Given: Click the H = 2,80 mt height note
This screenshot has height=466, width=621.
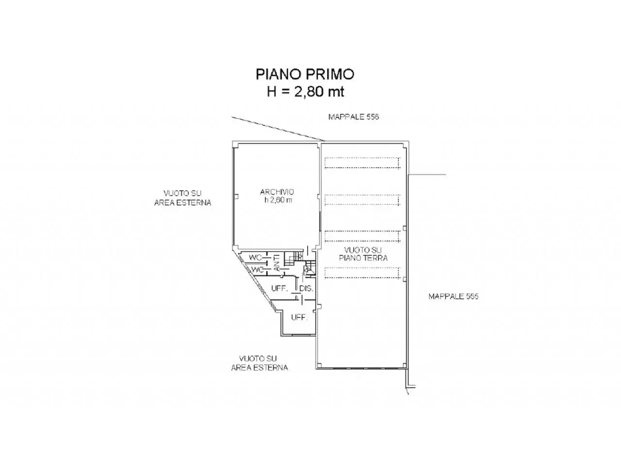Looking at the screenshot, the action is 306,92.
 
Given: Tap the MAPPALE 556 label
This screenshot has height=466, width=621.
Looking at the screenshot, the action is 353,117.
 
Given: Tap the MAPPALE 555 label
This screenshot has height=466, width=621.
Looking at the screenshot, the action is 453,296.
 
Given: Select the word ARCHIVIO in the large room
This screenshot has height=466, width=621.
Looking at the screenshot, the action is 277,192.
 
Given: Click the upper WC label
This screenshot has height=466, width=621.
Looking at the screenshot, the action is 255,258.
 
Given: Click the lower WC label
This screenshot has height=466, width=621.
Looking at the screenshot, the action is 258,269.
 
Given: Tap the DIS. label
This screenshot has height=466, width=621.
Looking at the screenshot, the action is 306,289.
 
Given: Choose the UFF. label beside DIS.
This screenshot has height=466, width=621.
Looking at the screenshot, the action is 279,289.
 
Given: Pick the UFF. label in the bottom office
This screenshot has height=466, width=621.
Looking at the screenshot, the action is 299,317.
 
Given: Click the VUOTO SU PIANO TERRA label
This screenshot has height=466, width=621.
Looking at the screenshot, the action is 363,254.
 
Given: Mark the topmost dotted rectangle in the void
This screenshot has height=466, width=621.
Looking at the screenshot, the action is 362,163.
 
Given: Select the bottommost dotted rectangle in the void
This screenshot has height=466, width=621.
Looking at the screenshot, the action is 362,273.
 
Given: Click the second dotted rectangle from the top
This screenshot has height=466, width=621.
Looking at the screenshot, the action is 362,200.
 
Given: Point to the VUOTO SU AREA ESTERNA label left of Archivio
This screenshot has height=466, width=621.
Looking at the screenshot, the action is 183,198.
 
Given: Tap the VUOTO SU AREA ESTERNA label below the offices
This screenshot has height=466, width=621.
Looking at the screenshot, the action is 260,363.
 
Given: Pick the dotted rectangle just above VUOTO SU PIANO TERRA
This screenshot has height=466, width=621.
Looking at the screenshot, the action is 362,236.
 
